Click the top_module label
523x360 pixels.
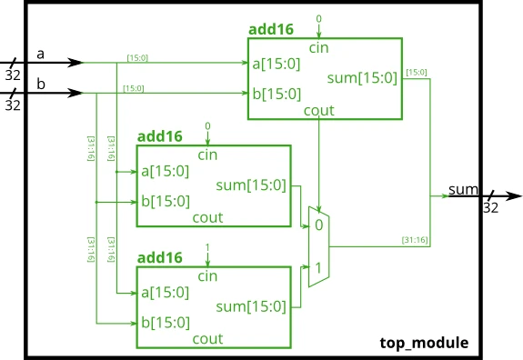(424, 343)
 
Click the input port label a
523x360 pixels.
(40, 55)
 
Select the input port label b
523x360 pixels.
(40, 85)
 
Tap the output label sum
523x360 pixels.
(462, 189)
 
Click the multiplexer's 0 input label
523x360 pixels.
(317, 225)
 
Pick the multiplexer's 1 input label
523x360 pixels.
(317, 268)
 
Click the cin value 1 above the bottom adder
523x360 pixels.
(207, 246)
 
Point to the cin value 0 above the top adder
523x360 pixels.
(318, 18)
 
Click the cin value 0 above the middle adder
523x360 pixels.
(207, 125)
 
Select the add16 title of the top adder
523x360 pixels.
(271, 29)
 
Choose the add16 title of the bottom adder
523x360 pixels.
(159, 257)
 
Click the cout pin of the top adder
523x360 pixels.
(318, 111)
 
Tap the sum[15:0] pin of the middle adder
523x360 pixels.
(250, 186)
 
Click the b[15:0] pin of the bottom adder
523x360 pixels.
(165, 323)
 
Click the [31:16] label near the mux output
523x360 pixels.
(416, 240)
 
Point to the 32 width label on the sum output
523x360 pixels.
(490, 208)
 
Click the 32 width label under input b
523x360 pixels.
(14, 105)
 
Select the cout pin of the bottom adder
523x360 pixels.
(207, 339)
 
